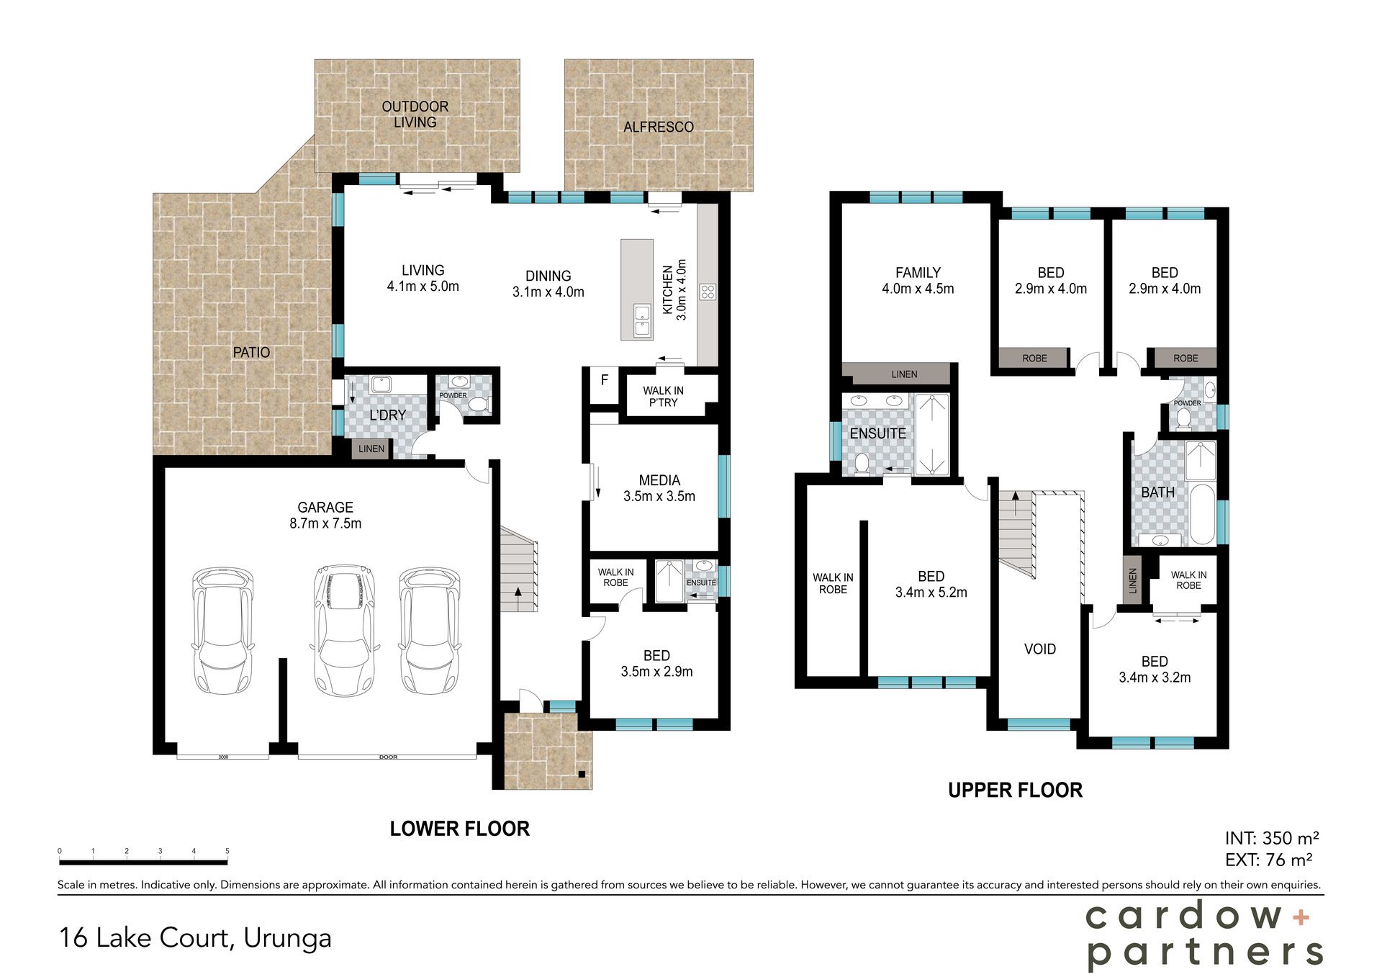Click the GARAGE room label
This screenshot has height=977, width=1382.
coord(325,508)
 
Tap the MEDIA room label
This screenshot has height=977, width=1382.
coord(659,480)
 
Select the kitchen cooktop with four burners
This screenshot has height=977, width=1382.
coord(708,292)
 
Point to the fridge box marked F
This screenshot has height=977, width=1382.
coord(605,386)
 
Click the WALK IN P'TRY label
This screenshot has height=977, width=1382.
coord(664,397)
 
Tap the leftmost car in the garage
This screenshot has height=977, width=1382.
coord(223,631)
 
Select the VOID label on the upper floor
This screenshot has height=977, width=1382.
coord(1040,649)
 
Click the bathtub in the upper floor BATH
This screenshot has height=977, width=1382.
coord(1201,514)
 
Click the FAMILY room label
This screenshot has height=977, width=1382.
coord(918,273)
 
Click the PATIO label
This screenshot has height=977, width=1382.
coord(251,352)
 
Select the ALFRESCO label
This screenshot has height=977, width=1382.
coord(659,127)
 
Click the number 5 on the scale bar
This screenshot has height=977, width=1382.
coord(227,851)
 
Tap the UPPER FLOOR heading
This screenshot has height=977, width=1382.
coord(1015,791)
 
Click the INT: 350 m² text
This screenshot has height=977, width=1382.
coord(1272,838)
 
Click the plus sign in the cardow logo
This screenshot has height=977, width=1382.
coord(1301,917)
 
